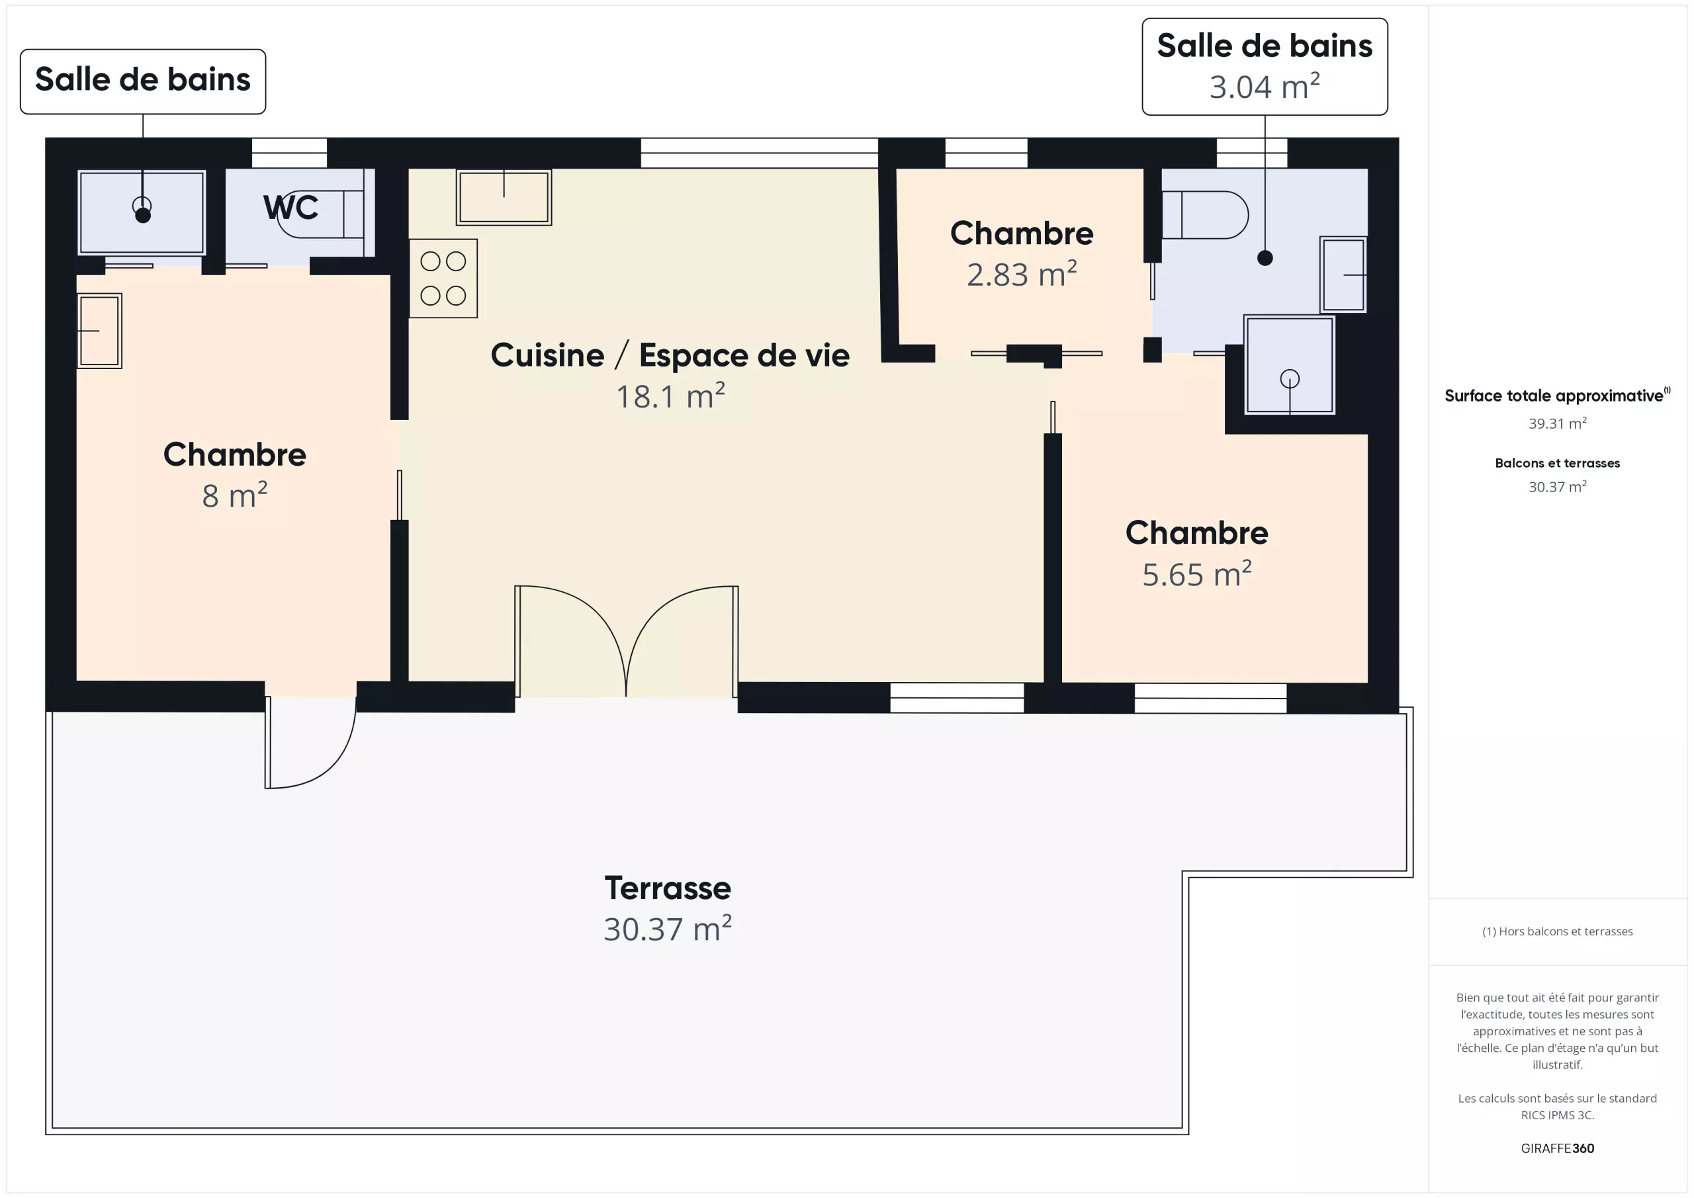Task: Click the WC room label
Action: coord(290,207)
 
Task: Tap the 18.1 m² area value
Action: coord(670,396)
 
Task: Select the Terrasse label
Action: coord(668,888)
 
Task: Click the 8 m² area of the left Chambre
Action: coord(235,495)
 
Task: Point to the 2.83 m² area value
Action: coord(1022,274)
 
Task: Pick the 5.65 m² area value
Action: coord(1197,574)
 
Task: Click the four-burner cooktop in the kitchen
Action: coord(443,278)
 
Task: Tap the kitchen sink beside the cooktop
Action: coord(504,197)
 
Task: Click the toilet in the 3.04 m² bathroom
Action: coord(1205,215)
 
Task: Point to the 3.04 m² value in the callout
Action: coord(1265,86)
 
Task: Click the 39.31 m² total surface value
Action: coord(1558,423)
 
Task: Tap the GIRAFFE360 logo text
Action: coord(1558,1148)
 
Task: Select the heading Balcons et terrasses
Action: coord(1558,463)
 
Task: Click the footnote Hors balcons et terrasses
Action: coord(1558,931)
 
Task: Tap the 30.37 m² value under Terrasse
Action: coord(668,929)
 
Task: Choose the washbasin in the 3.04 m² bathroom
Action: coord(1343,275)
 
